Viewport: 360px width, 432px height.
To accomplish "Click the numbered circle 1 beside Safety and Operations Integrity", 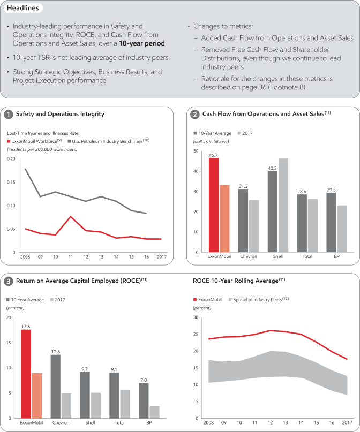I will pyautogui.click(x=9, y=114).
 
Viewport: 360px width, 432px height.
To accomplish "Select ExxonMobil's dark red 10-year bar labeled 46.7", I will pyautogui.click(x=214, y=205).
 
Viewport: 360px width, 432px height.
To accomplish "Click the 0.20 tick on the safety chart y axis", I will pyautogui.click(x=11, y=159).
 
